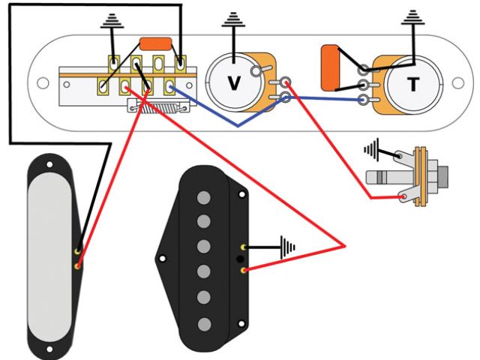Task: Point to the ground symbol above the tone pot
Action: click(x=414, y=19)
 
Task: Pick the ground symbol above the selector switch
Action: click(x=112, y=22)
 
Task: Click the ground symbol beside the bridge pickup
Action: click(x=286, y=245)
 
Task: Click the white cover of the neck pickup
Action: click(x=51, y=255)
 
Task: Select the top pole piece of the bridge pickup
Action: click(x=202, y=197)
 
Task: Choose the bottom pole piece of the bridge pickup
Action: click(x=202, y=323)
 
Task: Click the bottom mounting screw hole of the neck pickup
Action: click(x=50, y=349)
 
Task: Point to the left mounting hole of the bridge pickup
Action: click(x=161, y=259)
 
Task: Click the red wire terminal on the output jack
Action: click(x=405, y=198)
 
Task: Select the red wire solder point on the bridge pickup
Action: click(x=243, y=267)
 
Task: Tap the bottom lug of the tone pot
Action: click(x=364, y=100)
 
